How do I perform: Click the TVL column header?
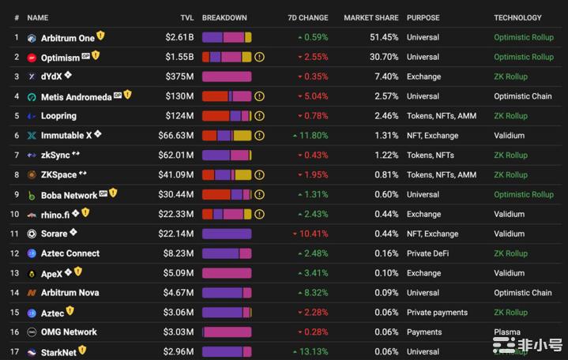click(186, 17)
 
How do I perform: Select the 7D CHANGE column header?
click(307, 17)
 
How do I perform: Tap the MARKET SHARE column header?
click(371, 17)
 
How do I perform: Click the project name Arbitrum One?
click(67, 38)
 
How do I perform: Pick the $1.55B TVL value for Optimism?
click(179, 57)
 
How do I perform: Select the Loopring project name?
click(58, 116)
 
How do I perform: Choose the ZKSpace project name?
click(58, 175)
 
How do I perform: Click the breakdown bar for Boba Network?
click(227, 194)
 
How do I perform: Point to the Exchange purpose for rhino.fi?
click(423, 214)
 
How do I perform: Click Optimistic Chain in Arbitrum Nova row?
click(523, 293)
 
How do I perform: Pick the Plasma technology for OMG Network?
click(507, 332)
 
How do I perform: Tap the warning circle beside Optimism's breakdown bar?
click(259, 57)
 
